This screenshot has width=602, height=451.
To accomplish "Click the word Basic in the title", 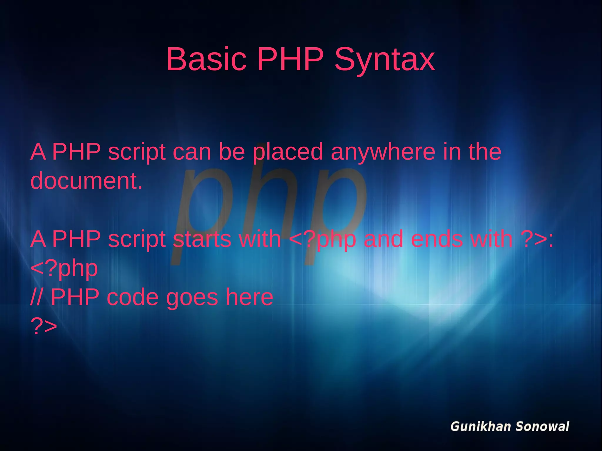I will tap(206, 59).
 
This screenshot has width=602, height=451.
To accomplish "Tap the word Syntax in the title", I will tap(384, 60).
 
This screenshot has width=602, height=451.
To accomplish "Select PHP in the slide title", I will tap(290, 59).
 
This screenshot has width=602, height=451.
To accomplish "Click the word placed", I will tap(288, 152).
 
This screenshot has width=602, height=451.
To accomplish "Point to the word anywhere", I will tap(383, 152).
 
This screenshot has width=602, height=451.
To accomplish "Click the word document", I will tap(86, 181).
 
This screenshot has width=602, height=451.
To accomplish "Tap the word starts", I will tap(202, 239).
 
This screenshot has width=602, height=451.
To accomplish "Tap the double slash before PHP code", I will tap(36, 297).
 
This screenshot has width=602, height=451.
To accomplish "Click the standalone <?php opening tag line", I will tap(64, 268).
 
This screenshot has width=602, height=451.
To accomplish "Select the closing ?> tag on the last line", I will tap(44, 326).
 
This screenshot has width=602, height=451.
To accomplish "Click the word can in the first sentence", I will tap(192, 152).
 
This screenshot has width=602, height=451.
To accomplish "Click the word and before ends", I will tap(383, 239).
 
